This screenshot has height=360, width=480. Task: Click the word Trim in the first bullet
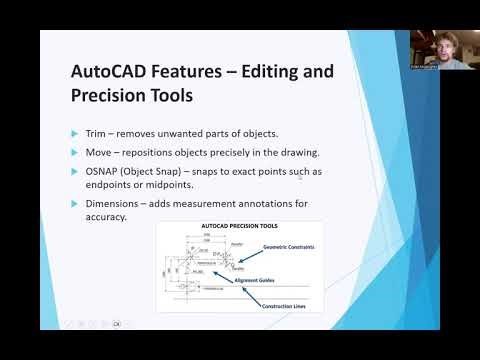click(x=96, y=132)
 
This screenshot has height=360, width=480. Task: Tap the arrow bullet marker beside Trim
click(x=74, y=133)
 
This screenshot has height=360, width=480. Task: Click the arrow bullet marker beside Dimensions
click(x=74, y=204)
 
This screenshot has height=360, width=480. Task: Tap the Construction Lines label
click(x=284, y=304)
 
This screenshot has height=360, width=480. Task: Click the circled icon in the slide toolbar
click(x=116, y=324)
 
